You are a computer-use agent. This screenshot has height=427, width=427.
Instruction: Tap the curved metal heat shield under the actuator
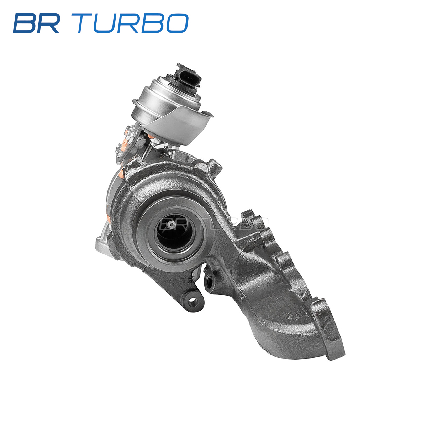click(x=177, y=126)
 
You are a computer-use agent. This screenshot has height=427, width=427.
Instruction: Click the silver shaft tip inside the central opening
click(x=171, y=225)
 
